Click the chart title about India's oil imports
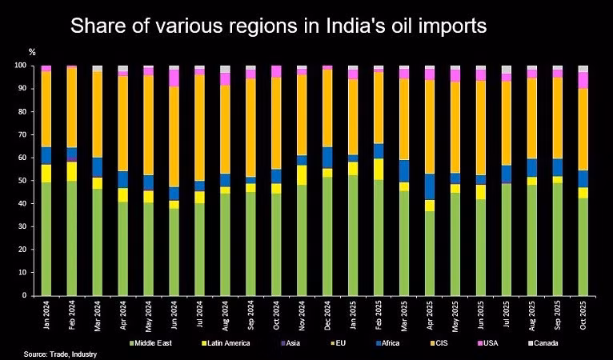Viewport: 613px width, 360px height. tap(278, 26)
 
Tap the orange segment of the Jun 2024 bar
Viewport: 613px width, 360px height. tap(174, 136)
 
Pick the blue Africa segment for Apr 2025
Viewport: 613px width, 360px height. tap(430, 186)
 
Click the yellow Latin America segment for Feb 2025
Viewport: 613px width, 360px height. tap(379, 169)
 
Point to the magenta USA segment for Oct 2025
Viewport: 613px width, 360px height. tap(583, 80)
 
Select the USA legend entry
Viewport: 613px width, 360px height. tap(489, 343)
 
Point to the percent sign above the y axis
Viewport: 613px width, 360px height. tap(32, 52)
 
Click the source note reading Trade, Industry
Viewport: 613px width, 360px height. tap(60, 354)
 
